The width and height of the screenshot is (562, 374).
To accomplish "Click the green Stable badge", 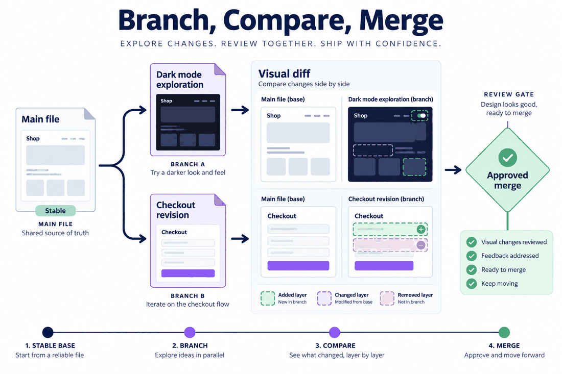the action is tap(56, 211).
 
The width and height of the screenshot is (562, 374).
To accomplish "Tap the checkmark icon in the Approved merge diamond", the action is tap(507, 158).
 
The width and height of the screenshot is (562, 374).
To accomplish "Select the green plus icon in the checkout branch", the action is tap(421, 229).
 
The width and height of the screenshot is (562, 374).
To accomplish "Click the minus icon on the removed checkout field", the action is tap(421, 245).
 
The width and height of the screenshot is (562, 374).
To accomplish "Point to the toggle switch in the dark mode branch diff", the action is tap(422, 116).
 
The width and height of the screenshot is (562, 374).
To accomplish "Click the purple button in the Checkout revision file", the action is tap(188, 273).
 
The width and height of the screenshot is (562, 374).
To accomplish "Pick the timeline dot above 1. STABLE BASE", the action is tap(48, 332).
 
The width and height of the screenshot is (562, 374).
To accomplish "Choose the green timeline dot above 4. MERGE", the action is tap(504, 332).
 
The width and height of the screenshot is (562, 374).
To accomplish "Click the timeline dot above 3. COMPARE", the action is tap(335, 332).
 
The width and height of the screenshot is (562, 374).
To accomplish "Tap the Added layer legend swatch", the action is tap(268, 298).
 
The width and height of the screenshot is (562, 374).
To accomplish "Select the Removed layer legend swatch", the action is tap(387, 298).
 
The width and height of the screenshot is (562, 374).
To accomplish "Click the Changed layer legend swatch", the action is tap(324, 298).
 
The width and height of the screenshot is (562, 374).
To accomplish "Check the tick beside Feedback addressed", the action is tap(472, 256).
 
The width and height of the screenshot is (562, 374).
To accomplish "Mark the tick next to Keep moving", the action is tap(472, 284).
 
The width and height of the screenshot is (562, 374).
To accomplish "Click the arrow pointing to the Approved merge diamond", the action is tap(453, 169).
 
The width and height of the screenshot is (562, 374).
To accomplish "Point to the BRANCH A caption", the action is tap(188, 164).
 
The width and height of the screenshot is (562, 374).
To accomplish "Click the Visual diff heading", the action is tap(284, 73).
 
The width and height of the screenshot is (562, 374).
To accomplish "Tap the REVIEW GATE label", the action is tap(509, 94).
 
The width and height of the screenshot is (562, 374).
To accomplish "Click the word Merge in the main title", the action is tap(401, 21).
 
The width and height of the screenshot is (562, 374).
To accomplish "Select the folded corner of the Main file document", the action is tap(89, 113).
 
